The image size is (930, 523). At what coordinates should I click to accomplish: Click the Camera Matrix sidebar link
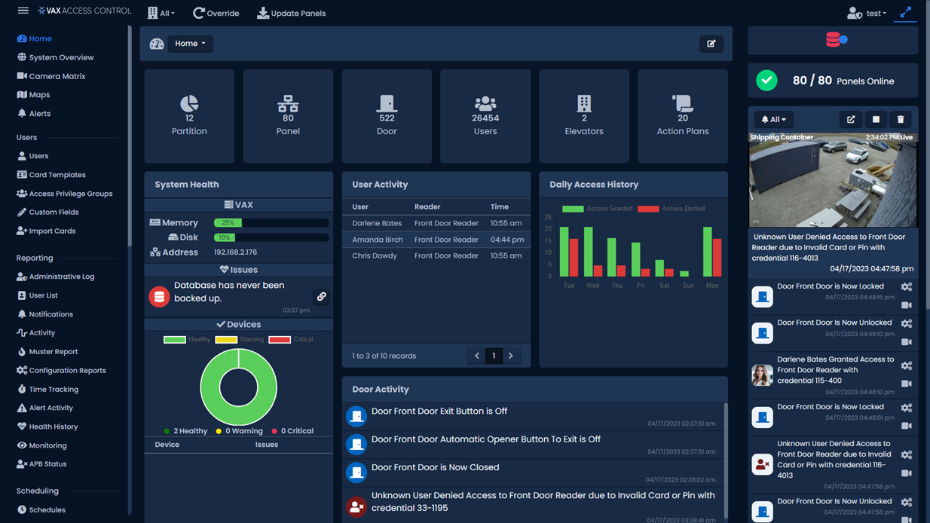(x=57, y=76)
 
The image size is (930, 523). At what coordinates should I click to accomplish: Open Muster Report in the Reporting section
(x=53, y=352)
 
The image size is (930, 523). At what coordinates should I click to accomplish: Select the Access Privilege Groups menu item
(x=70, y=194)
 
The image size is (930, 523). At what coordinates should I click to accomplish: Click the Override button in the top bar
(x=216, y=13)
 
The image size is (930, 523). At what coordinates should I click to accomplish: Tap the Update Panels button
(x=292, y=13)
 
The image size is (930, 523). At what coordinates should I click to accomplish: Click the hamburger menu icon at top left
(x=23, y=11)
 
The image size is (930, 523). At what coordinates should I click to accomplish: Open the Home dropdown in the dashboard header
(x=190, y=44)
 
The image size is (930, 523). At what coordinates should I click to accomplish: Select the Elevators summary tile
(x=584, y=116)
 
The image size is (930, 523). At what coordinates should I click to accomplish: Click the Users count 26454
(x=485, y=118)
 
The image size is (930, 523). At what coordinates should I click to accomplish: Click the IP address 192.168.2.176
(x=235, y=252)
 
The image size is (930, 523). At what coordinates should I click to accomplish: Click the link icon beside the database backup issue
(x=322, y=297)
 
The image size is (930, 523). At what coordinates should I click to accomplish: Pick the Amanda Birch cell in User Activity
(x=377, y=240)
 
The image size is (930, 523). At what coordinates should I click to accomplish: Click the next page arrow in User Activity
(x=511, y=356)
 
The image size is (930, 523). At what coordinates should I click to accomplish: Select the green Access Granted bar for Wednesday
(x=588, y=252)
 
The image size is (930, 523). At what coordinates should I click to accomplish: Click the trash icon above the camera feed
(x=901, y=119)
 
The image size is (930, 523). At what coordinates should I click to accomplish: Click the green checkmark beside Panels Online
(x=766, y=81)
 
